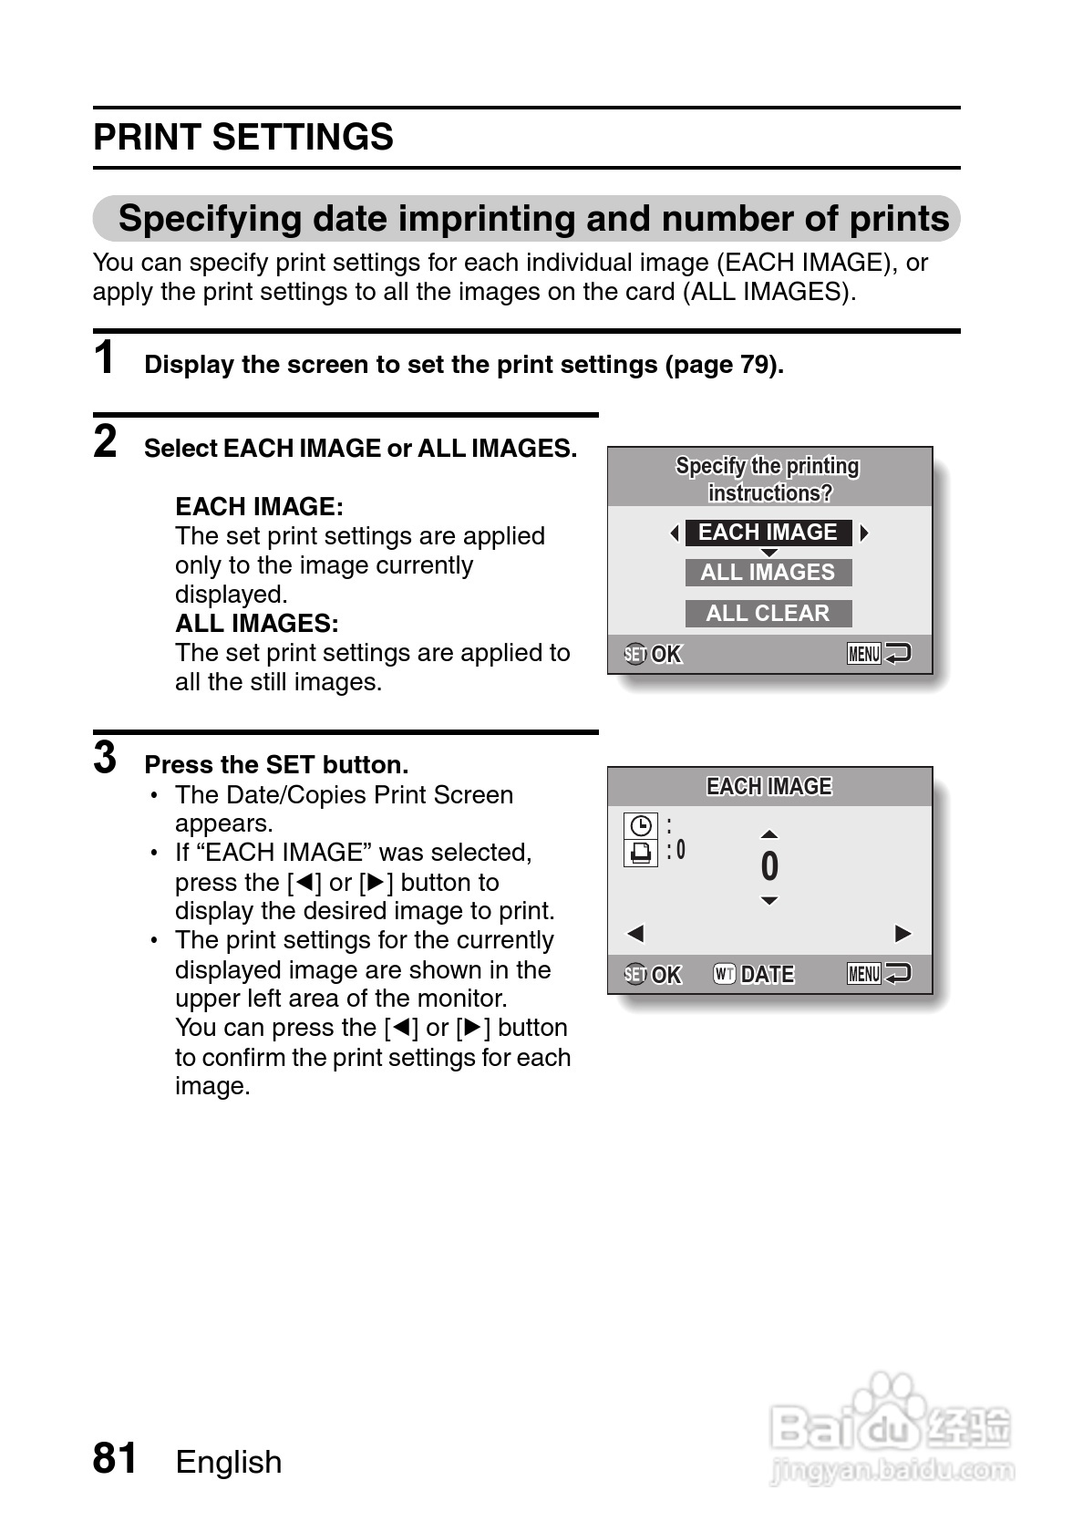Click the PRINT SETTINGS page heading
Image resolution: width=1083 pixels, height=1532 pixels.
[243, 138]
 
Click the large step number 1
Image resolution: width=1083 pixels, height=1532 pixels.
[105, 357]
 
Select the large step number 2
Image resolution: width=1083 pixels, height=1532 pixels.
[105, 442]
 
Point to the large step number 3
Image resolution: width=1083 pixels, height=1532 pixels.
[105, 758]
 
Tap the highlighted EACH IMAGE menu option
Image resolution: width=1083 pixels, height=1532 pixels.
[768, 533]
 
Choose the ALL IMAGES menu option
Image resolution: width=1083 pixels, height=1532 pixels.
[768, 573]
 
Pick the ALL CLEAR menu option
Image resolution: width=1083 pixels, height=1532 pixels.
[768, 613]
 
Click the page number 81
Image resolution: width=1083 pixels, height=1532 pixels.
[115, 1458]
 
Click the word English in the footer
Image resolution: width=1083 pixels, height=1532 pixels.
[229, 1462]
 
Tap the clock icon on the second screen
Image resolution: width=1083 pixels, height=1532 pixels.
[641, 826]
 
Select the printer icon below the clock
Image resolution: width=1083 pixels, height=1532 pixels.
[641, 853]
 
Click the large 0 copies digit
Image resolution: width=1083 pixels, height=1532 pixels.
[769, 866]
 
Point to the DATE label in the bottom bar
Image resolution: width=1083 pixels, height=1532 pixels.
[767, 975]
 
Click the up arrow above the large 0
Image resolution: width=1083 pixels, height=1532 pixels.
[769, 834]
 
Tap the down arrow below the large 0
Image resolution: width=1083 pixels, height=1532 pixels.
[769, 901]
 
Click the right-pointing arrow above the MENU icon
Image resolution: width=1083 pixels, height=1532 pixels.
[902, 933]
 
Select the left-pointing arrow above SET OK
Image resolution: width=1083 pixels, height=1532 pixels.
[635, 933]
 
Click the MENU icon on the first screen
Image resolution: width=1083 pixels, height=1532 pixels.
[864, 654]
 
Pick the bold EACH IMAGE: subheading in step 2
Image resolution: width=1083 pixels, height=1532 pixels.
[259, 507]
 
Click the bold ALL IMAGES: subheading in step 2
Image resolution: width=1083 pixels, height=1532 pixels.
[256, 624]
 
